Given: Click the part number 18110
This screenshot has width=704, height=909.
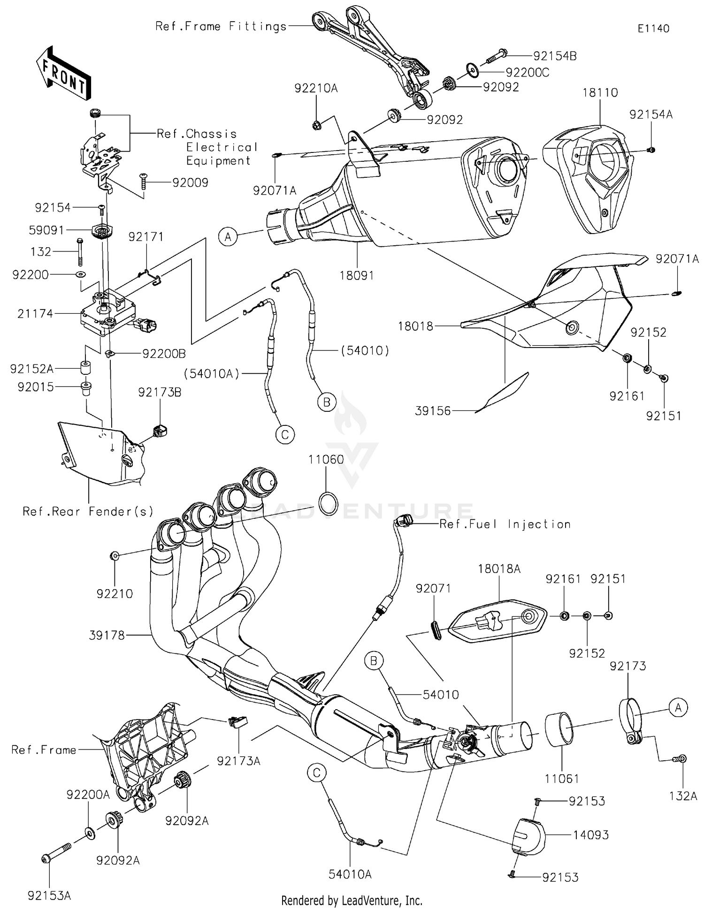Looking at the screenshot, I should pos(600,93).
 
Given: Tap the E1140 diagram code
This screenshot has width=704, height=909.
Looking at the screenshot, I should pos(653,29).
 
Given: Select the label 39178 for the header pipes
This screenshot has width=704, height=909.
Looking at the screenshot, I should pos(107,635).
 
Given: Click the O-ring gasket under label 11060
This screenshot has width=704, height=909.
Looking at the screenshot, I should pos(328,503).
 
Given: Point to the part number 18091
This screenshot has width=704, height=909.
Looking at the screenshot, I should pos(357,275).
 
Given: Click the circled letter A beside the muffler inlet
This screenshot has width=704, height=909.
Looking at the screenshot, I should pos(228,237).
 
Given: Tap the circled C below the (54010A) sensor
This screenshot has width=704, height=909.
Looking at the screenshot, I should pos(285,434).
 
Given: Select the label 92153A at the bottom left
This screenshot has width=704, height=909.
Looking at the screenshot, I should pos(49,896).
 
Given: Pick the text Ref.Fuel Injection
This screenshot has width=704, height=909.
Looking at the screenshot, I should pos(505,524).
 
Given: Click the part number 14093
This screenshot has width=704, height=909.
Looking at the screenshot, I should pos(591,835).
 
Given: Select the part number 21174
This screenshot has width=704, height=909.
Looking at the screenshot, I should pos(35,313).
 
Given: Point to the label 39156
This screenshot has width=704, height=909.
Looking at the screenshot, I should pos(433,411).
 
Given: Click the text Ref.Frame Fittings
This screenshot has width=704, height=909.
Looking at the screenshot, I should pos(221,26).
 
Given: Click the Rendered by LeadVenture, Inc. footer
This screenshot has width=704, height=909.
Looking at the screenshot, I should pos(352,901).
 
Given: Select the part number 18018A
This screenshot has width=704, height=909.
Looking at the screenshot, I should pos(499,569).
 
